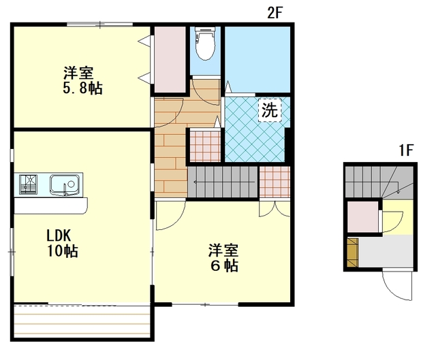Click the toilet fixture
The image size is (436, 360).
tap(205, 43)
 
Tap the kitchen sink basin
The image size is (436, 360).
tap(64, 184)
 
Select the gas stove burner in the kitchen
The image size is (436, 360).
tap(28, 184)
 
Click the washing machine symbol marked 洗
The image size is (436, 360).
tap(270, 110)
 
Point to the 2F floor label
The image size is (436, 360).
tap(275, 13)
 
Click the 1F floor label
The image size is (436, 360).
tap(407, 150)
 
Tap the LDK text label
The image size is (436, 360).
tap(59, 235)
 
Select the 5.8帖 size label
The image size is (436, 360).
tap(82, 88)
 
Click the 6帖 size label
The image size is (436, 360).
tap(224, 265)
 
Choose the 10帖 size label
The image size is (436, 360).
tap(62, 251)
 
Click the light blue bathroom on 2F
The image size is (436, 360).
tap(258, 59)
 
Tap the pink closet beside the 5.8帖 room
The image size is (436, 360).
tap(170, 59)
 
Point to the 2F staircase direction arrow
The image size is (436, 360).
tap(224, 182)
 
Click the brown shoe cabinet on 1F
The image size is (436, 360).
tap(353, 252)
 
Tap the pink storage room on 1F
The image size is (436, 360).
tap(362, 216)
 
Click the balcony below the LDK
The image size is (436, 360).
tap(82, 321)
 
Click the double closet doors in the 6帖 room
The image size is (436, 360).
tap(275, 209)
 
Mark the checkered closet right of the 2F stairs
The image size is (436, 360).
tap(275, 182)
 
